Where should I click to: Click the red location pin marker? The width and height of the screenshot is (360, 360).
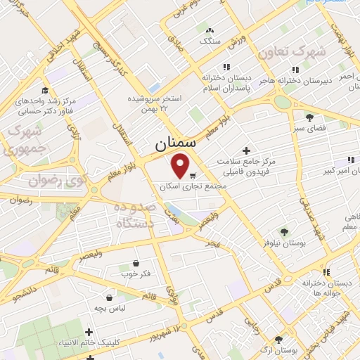coord(181,166)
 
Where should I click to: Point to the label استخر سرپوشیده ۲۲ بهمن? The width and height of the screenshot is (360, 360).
coord(152,103)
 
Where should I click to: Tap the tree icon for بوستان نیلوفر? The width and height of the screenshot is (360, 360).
coord(284,231)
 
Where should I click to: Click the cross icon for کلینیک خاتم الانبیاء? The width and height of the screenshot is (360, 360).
coord(89,332)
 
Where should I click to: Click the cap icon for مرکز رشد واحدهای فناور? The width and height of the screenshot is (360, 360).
coord(45,91)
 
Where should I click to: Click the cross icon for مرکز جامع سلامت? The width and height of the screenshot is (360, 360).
coord(245,150)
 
